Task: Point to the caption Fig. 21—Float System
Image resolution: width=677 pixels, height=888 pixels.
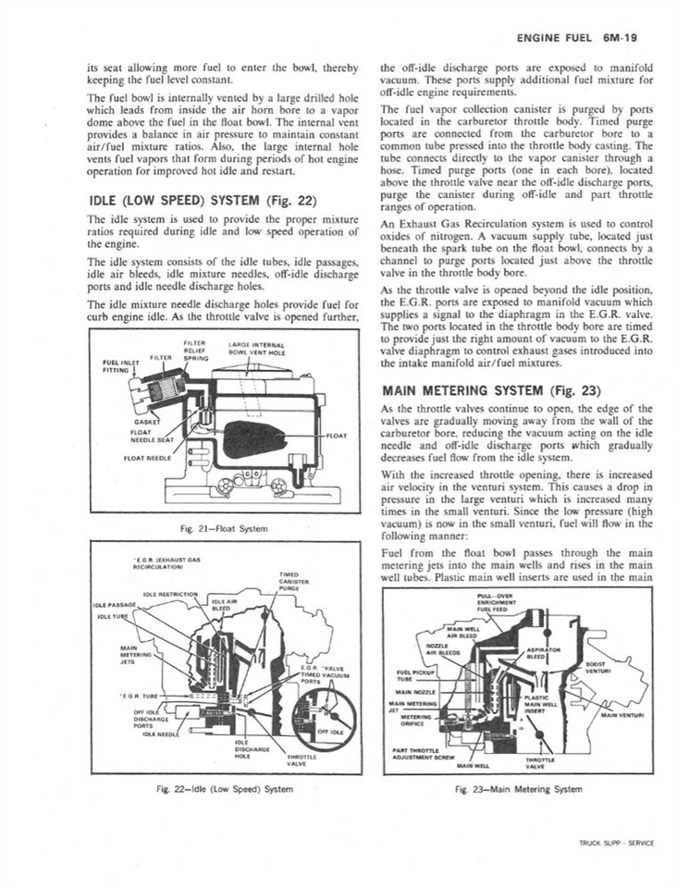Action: pyautogui.click(x=225, y=528)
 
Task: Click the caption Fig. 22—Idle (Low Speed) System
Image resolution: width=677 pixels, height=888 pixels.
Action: pyautogui.click(x=226, y=788)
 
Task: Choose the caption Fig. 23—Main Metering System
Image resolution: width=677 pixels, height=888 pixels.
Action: pyautogui.click(x=519, y=789)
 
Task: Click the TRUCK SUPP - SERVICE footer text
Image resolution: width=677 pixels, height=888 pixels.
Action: pyautogui.click(x=615, y=843)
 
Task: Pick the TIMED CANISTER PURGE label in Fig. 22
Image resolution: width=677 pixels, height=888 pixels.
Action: pyautogui.click(x=287, y=579)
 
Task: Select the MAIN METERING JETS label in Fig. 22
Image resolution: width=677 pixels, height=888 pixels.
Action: pyautogui.click(x=129, y=654)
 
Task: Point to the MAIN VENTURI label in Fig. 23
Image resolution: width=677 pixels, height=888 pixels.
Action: pyautogui.click(x=623, y=714)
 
